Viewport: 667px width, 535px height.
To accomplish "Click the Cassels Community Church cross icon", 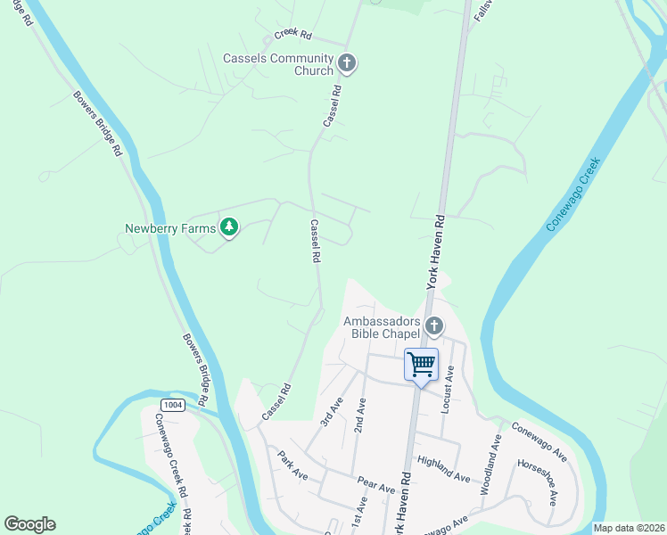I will tap(347, 62).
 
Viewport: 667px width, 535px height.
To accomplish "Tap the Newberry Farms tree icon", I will tap(230, 228).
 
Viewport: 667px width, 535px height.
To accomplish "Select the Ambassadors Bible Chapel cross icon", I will tap(434, 325).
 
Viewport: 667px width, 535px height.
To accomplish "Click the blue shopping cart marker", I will tap(421, 364).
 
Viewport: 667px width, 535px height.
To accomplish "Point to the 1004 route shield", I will tap(174, 405).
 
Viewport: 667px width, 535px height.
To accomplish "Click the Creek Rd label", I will tap(292, 35).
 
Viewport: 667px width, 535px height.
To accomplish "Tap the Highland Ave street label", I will tap(443, 468).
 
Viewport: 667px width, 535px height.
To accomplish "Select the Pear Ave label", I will tap(375, 485).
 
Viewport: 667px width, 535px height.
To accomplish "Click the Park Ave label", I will tap(292, 465).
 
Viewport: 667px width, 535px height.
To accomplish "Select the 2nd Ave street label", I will tap(359, 415).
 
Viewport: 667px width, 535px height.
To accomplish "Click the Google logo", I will tap(29, 524).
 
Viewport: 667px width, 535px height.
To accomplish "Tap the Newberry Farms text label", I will tap(170, 229).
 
